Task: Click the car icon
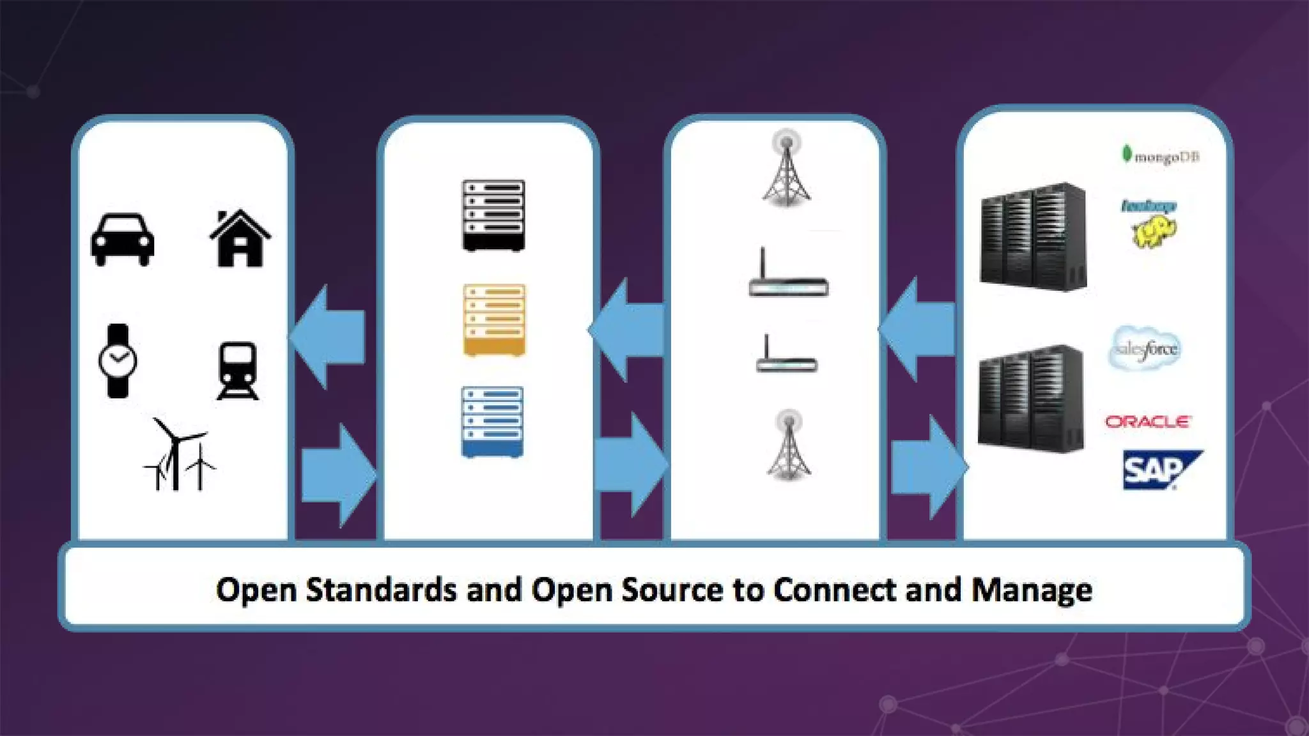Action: click(122, 240)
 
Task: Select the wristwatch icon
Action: click(118, 361)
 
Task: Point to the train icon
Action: click(238, 371)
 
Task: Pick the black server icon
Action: click(493, 215)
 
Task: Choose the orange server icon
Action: click(494, 319)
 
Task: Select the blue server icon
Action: click(492, 422)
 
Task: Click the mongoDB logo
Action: click(1161, 156)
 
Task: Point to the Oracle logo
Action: click(1148, 422)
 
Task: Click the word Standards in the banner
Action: click(381, 590)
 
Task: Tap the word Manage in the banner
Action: click(1032, 590)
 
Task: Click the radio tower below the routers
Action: click(789, 446)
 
